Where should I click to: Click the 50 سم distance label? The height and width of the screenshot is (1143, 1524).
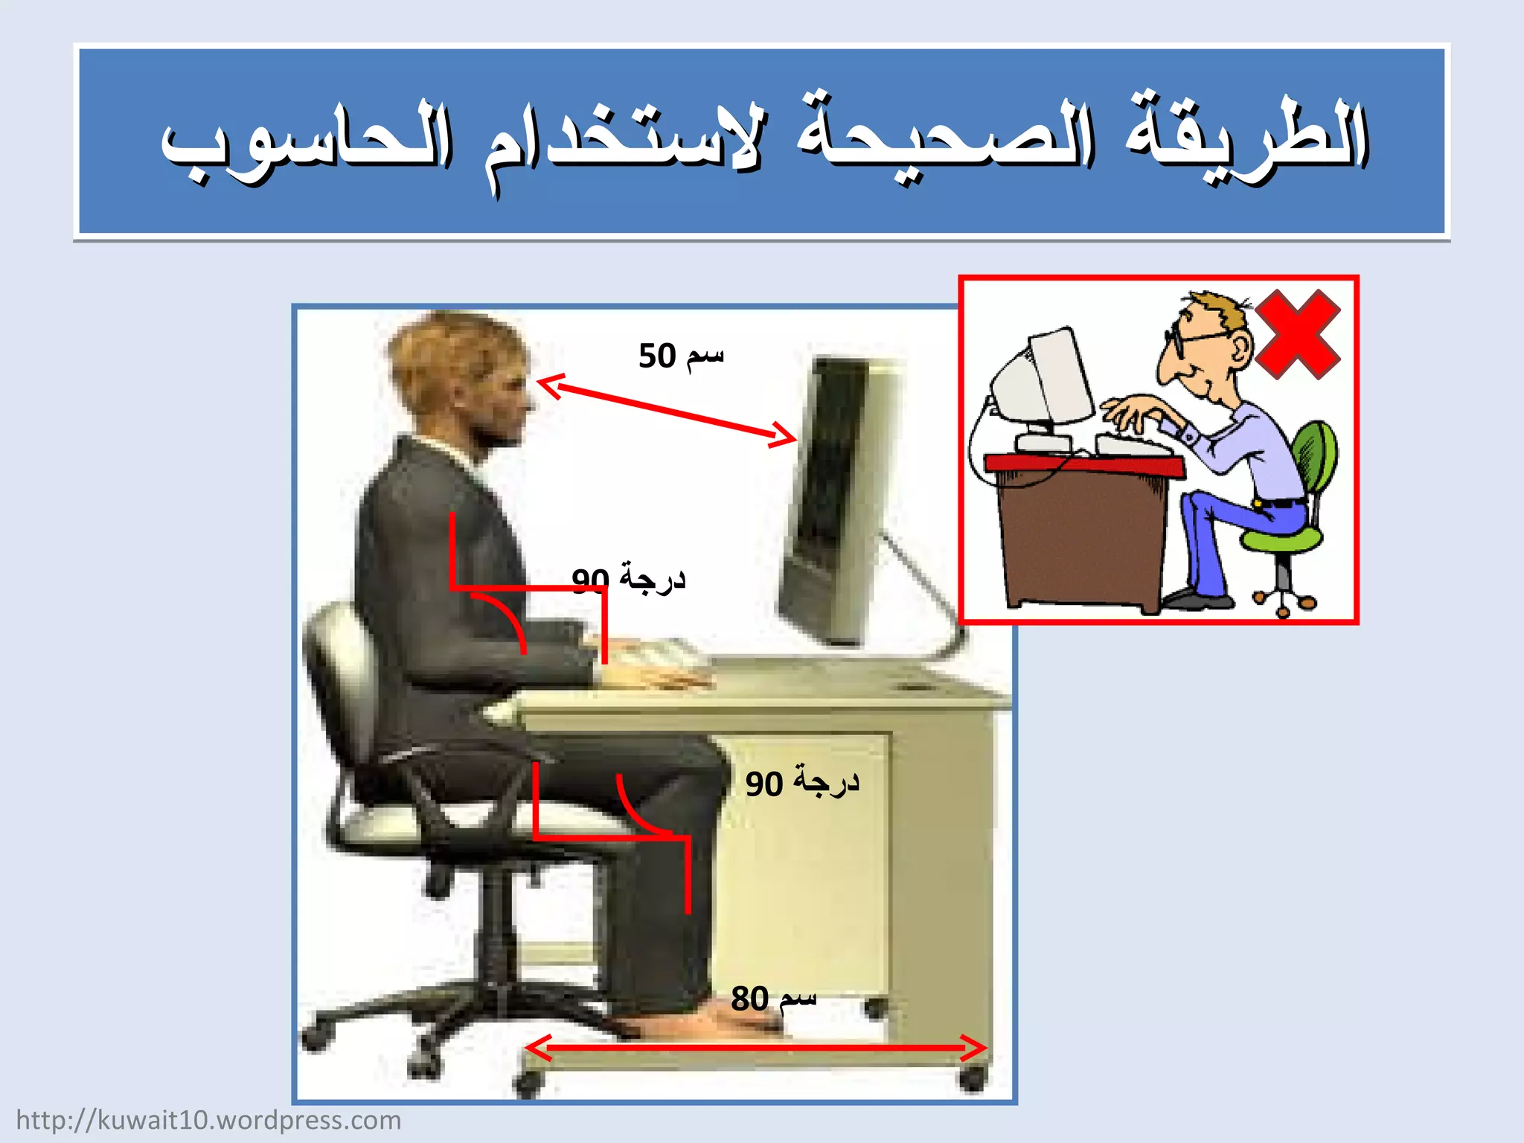(680, 356)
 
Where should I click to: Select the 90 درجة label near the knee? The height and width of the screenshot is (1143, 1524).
(802, 783)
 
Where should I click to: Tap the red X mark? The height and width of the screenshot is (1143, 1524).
(1296, 334)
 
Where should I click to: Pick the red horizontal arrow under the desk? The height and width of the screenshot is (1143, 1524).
(756, 1048)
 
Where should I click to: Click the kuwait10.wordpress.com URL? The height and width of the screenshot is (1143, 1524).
(208, 1120)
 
